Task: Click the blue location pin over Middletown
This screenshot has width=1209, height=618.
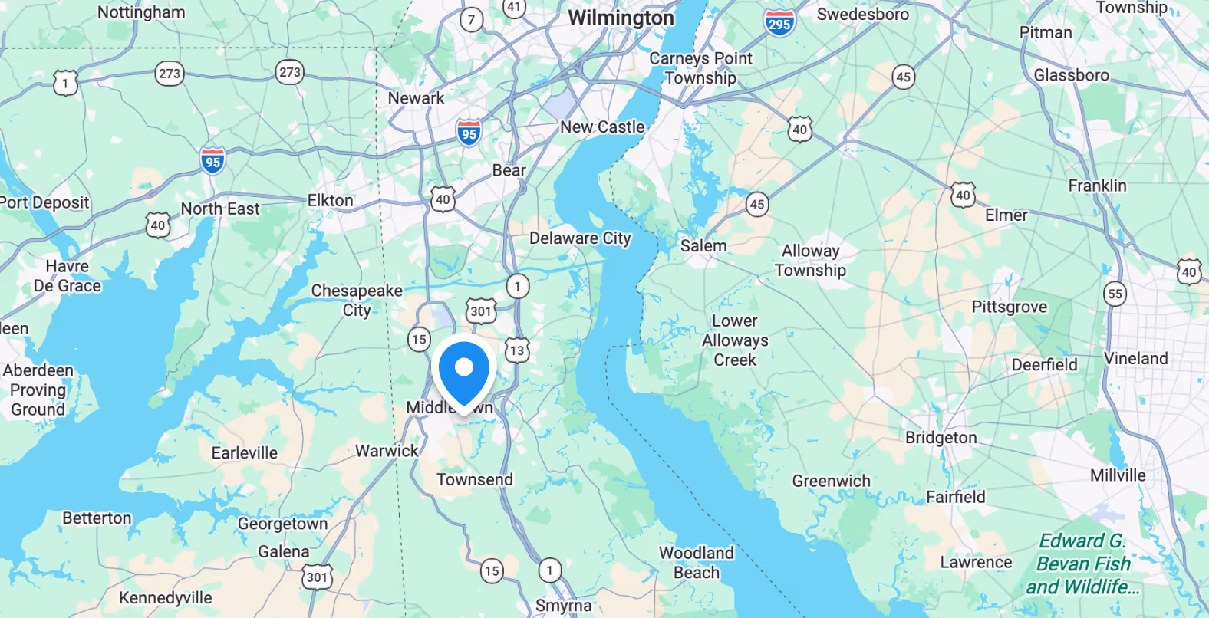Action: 463,372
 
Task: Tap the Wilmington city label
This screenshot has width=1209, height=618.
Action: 621,18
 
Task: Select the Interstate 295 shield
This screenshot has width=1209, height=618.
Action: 779,23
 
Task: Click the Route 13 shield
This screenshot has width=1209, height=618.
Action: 517,350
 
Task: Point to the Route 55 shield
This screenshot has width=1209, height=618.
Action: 1115,294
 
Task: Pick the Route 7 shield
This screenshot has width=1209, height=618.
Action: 471,19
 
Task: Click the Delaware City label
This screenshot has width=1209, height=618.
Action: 580,238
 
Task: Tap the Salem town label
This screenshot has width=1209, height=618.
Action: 703,246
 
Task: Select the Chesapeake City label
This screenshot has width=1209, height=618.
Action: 357,301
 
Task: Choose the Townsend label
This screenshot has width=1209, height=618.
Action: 475,480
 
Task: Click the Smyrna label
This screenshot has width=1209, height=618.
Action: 563,606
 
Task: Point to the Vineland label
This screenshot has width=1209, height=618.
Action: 1135,359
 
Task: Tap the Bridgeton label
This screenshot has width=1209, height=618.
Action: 941,438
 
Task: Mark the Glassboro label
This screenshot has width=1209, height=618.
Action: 1071,75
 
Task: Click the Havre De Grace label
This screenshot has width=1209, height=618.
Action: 68,276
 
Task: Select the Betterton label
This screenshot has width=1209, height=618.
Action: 97,518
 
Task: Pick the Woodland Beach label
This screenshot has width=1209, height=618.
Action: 696,563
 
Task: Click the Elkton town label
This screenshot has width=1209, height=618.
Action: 330,201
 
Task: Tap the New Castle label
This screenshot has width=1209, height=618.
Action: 602,127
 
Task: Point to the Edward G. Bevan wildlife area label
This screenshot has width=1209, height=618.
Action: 1082,564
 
